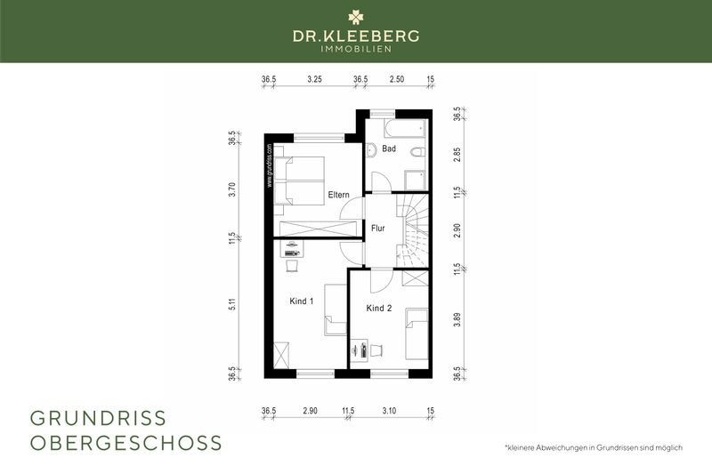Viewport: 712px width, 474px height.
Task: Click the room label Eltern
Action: pos(337,195)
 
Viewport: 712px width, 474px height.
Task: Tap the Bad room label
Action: pos(389,149)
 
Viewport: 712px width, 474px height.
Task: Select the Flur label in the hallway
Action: pos(378,228)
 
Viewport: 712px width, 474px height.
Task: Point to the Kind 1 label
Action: pos(302,301)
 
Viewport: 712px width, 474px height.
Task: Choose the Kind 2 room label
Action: pos(379,308)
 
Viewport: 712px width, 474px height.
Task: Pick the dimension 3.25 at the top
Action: pos(314,79)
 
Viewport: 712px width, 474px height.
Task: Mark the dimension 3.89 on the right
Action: pos(457,321)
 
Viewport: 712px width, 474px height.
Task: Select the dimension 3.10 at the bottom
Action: pos(390,410)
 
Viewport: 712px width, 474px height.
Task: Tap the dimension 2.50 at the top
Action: pos(397,79)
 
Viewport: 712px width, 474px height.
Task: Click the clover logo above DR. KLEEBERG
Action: pos(356,17)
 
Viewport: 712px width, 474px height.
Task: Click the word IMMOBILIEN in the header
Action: pos(356,49)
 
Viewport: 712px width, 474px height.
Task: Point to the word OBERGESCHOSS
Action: pos(126,442)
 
